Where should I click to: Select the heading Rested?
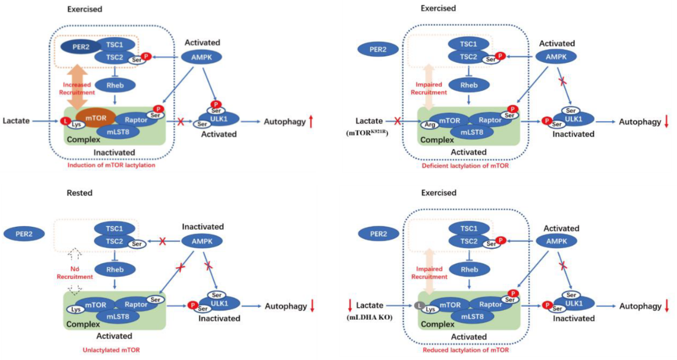pyautogui.click(x=79, y=193)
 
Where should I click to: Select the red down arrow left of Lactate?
pyautogui.click(x=349, y=306)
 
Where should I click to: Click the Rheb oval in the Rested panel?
pyautogui.click(x=115, y=269)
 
